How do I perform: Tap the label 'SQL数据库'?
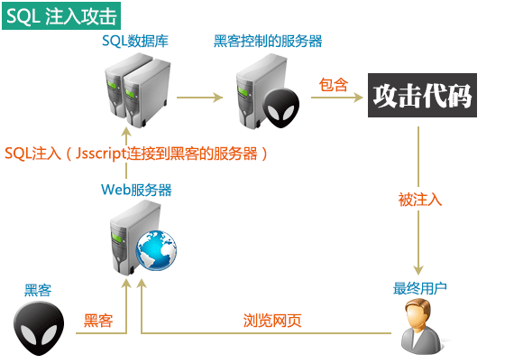pyautogui.click(x=135, y=42)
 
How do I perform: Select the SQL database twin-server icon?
pyautogui.click(x=133, y=87)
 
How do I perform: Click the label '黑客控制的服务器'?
pyautogui.click(x=268, y=42)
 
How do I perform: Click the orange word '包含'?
pyautogui.click(x=334, y=84)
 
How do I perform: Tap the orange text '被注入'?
pyautogui.click(x=420, y=200)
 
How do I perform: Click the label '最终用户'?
pyautogui.click(x=420, y=288)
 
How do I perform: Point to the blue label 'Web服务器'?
pyautogui.click(x=136, y=190)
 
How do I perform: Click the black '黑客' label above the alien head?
pyautogui.click(x=38, y=290)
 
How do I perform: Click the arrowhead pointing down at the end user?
pyautogui.click(x=418, y=269)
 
